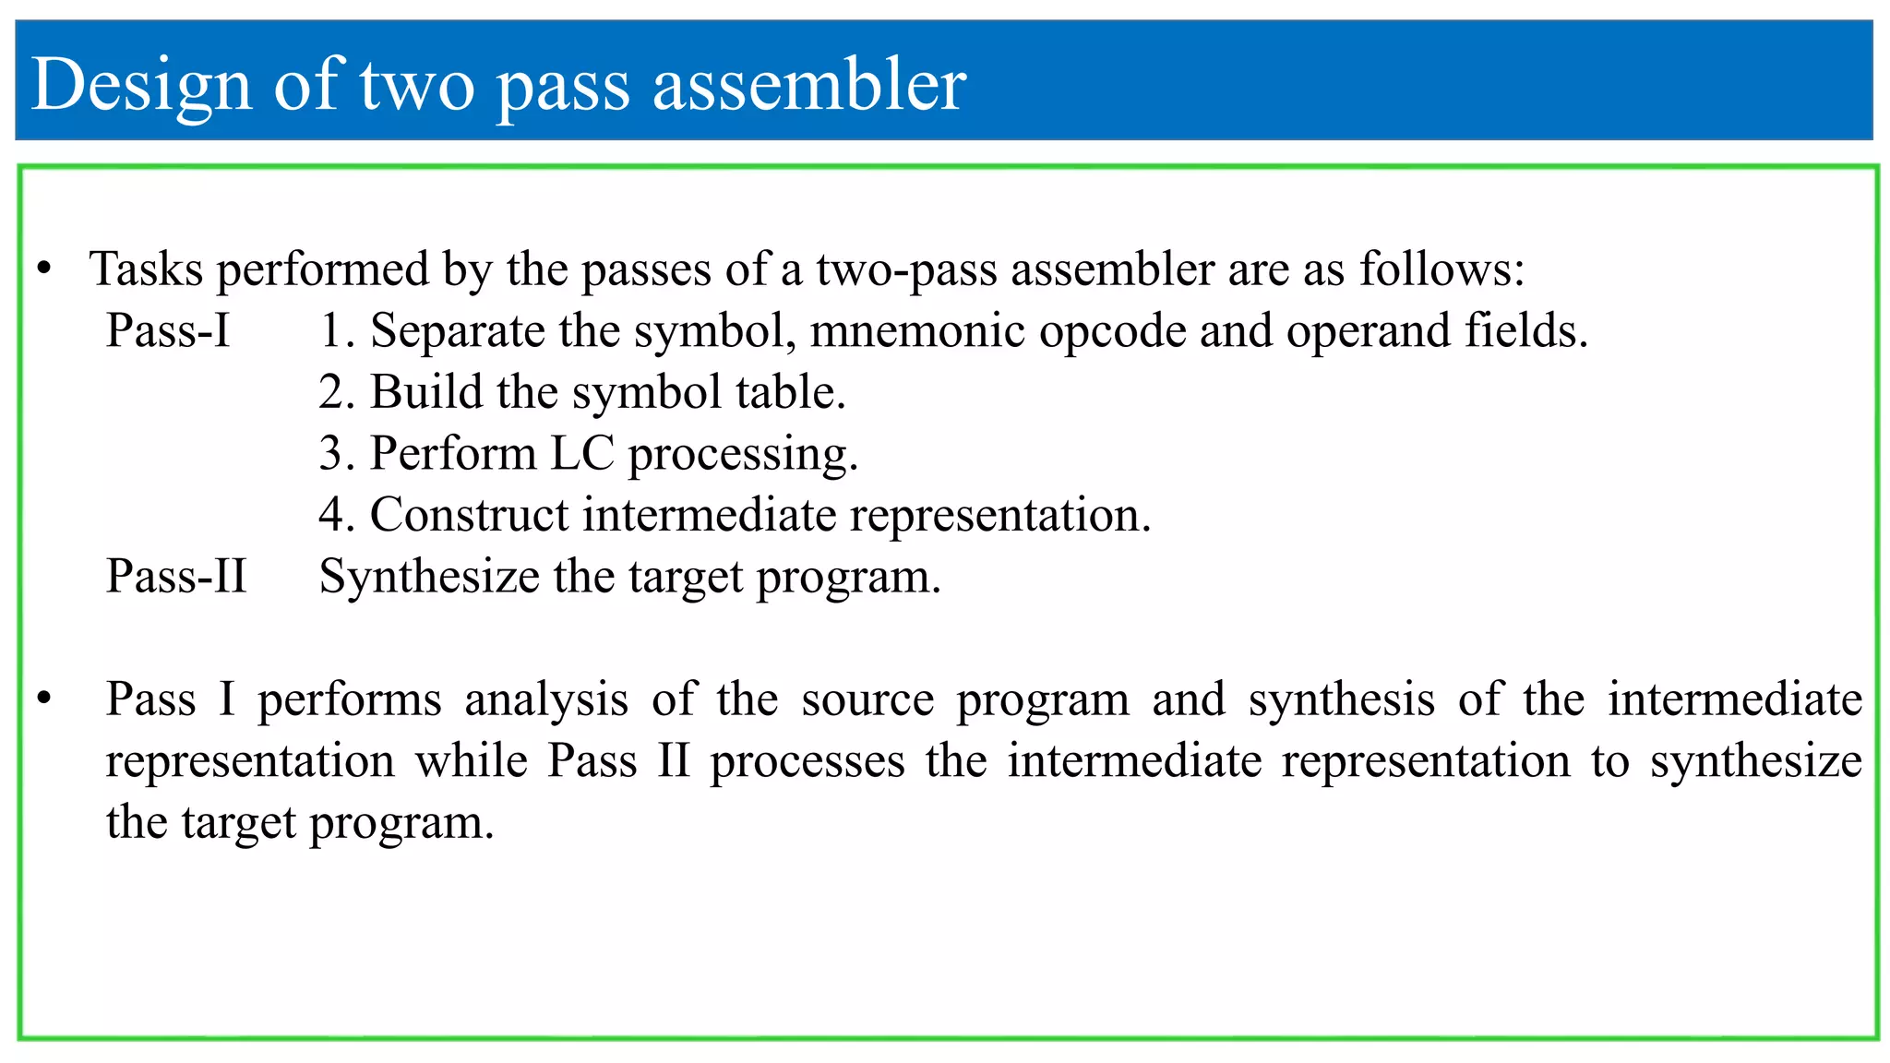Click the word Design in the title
(x=141, y=85)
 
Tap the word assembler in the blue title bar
(x=809, y=85)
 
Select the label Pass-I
(x=167, y=330)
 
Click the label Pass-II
(x=176, y=576)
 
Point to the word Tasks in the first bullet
(x=146, y=269)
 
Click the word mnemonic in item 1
(x=916, y=330)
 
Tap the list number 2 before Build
(x=332, y=392)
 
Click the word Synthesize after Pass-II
(x=429, y=577)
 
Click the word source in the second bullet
(x=867, y=699)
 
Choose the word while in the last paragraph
(x=471, y=760)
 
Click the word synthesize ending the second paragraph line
(x=1755, y=762)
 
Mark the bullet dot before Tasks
(x=43, y=269)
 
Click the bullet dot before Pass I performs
(x=43, y=699)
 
